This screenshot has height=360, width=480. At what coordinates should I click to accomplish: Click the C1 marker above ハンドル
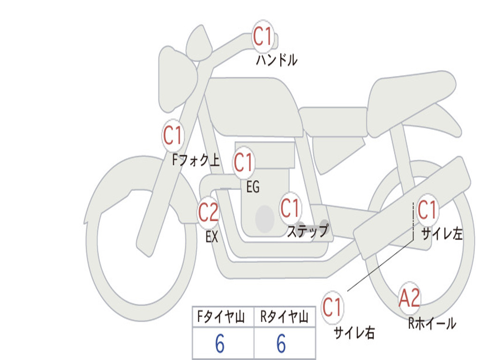click(x=263, y=37)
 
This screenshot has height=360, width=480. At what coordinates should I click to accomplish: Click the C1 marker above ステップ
click(x=290, y=208)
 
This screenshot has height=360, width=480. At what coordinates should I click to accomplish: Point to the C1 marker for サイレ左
click(x=427, y=210)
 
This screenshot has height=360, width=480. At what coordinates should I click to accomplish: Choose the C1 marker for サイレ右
click(x=332, y=307)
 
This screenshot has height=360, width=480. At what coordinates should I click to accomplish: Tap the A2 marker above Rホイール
click(x=409, y=298)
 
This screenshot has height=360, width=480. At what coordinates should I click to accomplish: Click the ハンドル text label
click(x=277, y=60)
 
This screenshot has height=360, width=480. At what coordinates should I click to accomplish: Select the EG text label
click(x=253, y=187)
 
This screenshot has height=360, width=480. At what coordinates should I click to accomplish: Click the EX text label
click(x=212, y=237)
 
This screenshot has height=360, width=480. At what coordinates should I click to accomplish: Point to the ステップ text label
click(x=307, y=232)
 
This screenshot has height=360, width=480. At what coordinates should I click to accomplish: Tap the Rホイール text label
click(x=432, y=323)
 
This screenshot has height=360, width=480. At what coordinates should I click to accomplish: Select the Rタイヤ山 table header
click(x=284, y=318)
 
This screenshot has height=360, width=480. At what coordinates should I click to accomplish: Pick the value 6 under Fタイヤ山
click(x=220, y=345)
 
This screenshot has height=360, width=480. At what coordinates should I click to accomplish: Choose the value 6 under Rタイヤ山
click(x=281, y=345)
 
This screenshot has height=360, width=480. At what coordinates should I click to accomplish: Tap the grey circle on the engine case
click(x=265, y=218)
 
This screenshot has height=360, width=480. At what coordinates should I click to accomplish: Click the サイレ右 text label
click(x=354, y=333)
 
